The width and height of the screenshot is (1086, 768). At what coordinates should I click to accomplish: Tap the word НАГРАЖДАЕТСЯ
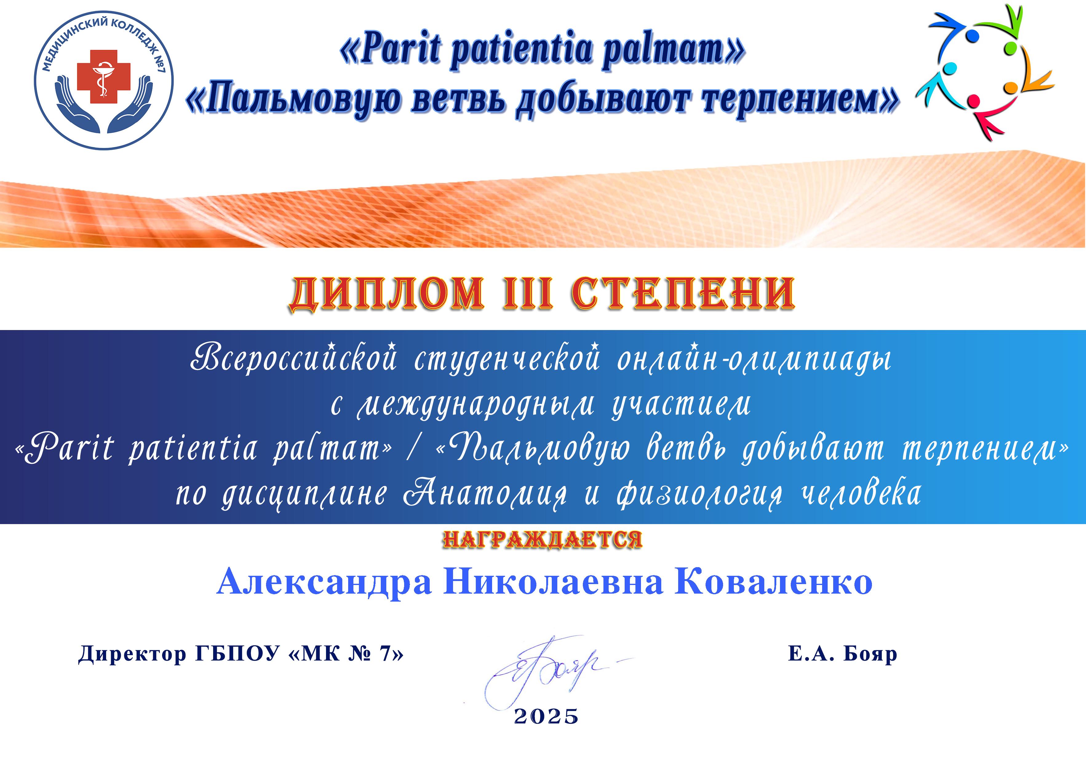click(x=543, y=539)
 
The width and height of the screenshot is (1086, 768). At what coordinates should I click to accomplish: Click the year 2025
click(x=546, y=716)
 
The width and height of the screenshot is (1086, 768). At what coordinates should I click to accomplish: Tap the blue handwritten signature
click(x=544, y=669)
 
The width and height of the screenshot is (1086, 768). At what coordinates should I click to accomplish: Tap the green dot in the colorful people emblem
click(x=1011, y=48)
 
